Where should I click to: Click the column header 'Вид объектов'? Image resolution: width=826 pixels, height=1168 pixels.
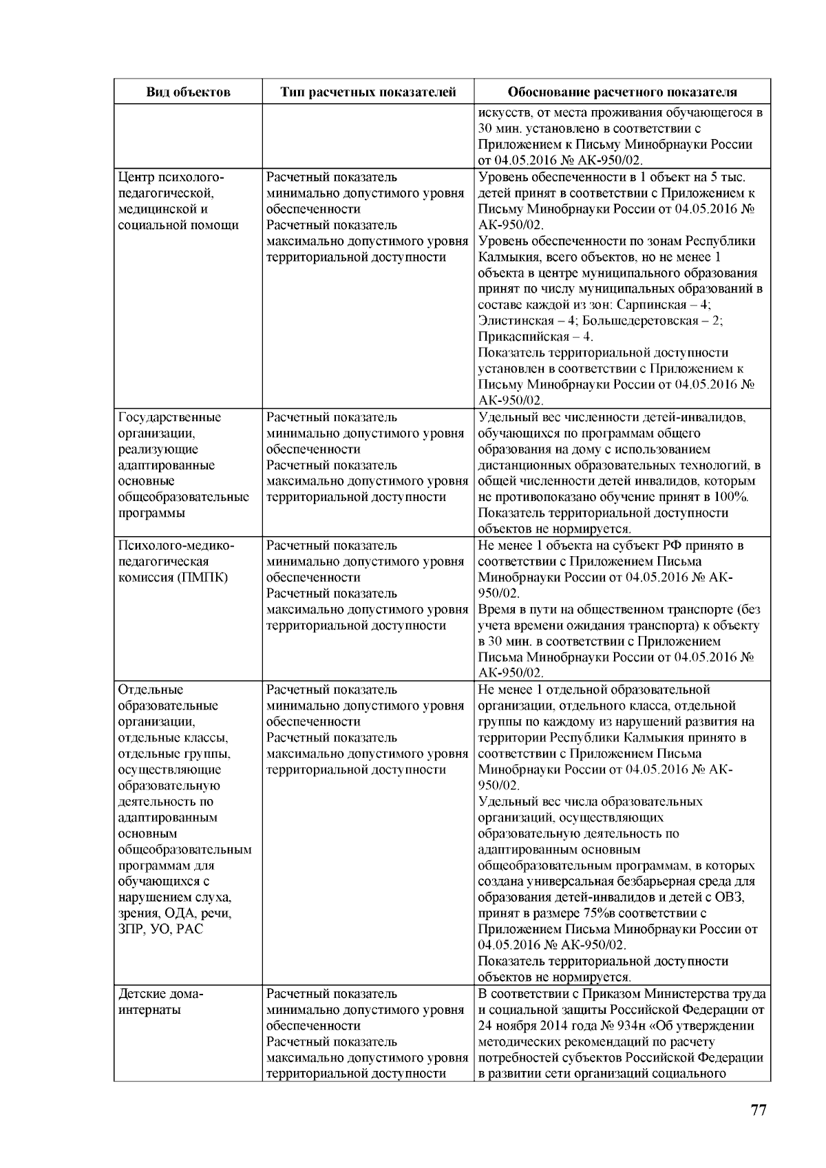(188, 92)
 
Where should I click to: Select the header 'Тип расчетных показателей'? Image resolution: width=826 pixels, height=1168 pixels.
(368, 92)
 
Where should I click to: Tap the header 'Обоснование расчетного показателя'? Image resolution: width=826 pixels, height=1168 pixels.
(622, 92)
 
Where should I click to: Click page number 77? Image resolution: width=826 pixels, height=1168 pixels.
(758, 1110)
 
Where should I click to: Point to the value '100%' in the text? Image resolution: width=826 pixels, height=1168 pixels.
(732, 497)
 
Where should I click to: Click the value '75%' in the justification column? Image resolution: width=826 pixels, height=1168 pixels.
(558, 913)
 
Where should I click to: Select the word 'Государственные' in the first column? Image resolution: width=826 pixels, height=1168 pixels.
(169, 417)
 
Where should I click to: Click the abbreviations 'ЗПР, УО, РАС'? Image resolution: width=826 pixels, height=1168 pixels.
(160, 929)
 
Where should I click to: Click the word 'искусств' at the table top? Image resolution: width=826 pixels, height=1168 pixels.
(502, 113)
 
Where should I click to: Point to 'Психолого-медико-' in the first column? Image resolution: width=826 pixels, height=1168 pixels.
(176, 546)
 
